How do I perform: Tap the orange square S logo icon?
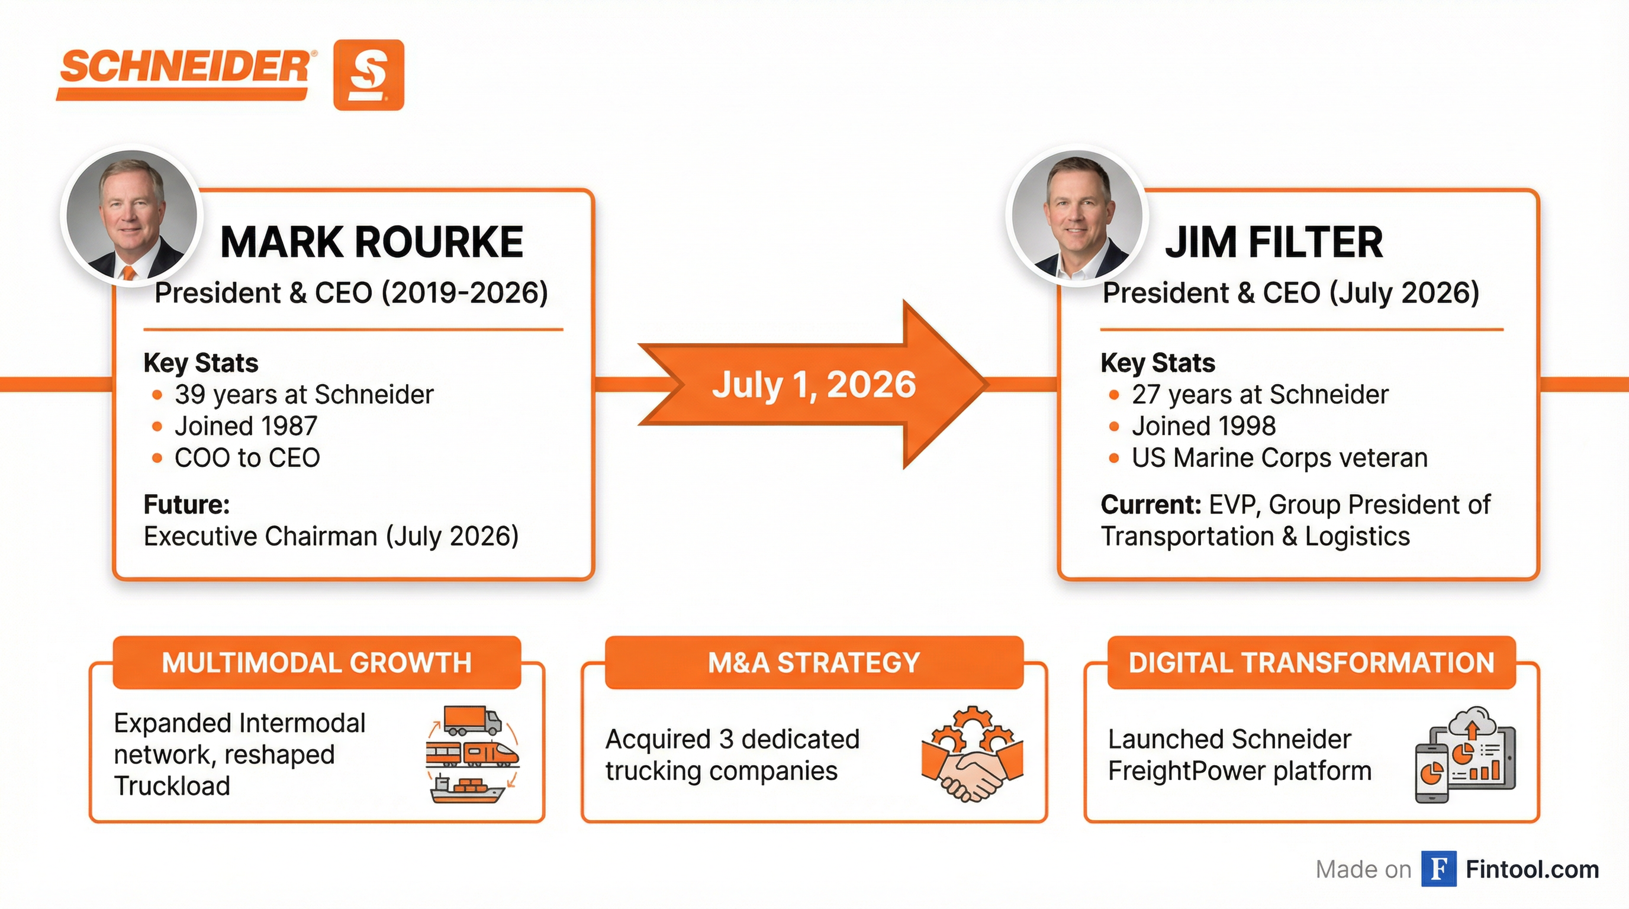click(369, 75)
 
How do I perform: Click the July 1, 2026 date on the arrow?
click(814, 384)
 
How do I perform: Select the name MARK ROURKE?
click(372, 242)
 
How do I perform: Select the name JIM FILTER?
click(1274, 242)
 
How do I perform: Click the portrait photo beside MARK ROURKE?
click(131, 215)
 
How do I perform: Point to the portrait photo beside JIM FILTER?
click(1076, 215)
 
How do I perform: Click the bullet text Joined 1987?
click(246, 426)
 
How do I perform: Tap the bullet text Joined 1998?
click(1203, 426)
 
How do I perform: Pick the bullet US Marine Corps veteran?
click(1279, 457)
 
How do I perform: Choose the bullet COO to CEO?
click(247, 457)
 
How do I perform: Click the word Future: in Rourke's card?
click(186, 504)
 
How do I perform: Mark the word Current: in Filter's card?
click(1151, 504)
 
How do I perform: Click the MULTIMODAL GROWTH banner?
click(317, 662)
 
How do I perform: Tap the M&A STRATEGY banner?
click(814, 662)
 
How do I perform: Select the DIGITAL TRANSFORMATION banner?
click(1312, 662)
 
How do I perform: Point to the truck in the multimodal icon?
click(472, 721)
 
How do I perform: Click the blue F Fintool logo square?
click(1438, 869)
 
